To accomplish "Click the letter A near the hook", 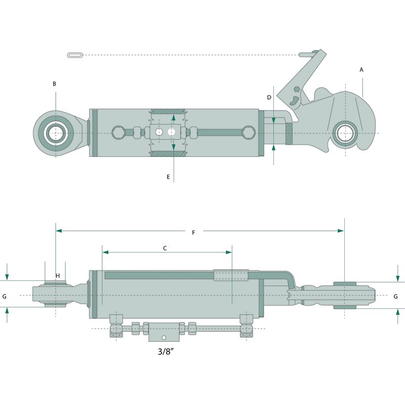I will click(361, 69).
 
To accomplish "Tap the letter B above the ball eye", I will click(54, 84).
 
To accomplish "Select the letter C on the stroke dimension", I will click(165, 248).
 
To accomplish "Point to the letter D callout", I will click(269, 97).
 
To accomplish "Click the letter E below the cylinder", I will click(168, 177).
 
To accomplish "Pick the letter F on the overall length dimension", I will click(193, 232).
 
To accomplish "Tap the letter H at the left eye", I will click(58, 275).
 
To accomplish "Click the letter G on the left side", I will click(5, 296).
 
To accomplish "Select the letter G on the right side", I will click(395, 296).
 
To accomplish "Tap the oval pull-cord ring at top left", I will click(74, 55).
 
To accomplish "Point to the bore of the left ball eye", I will click(55, 133).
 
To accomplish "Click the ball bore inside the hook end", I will click(346, 133).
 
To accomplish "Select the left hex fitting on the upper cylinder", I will click(118, 133).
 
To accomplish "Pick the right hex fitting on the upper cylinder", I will click(248, 133).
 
